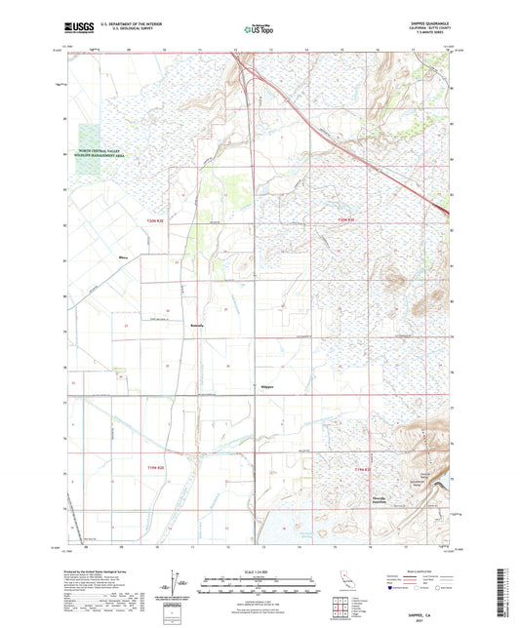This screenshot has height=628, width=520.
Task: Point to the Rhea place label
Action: [x=122, y=257]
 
